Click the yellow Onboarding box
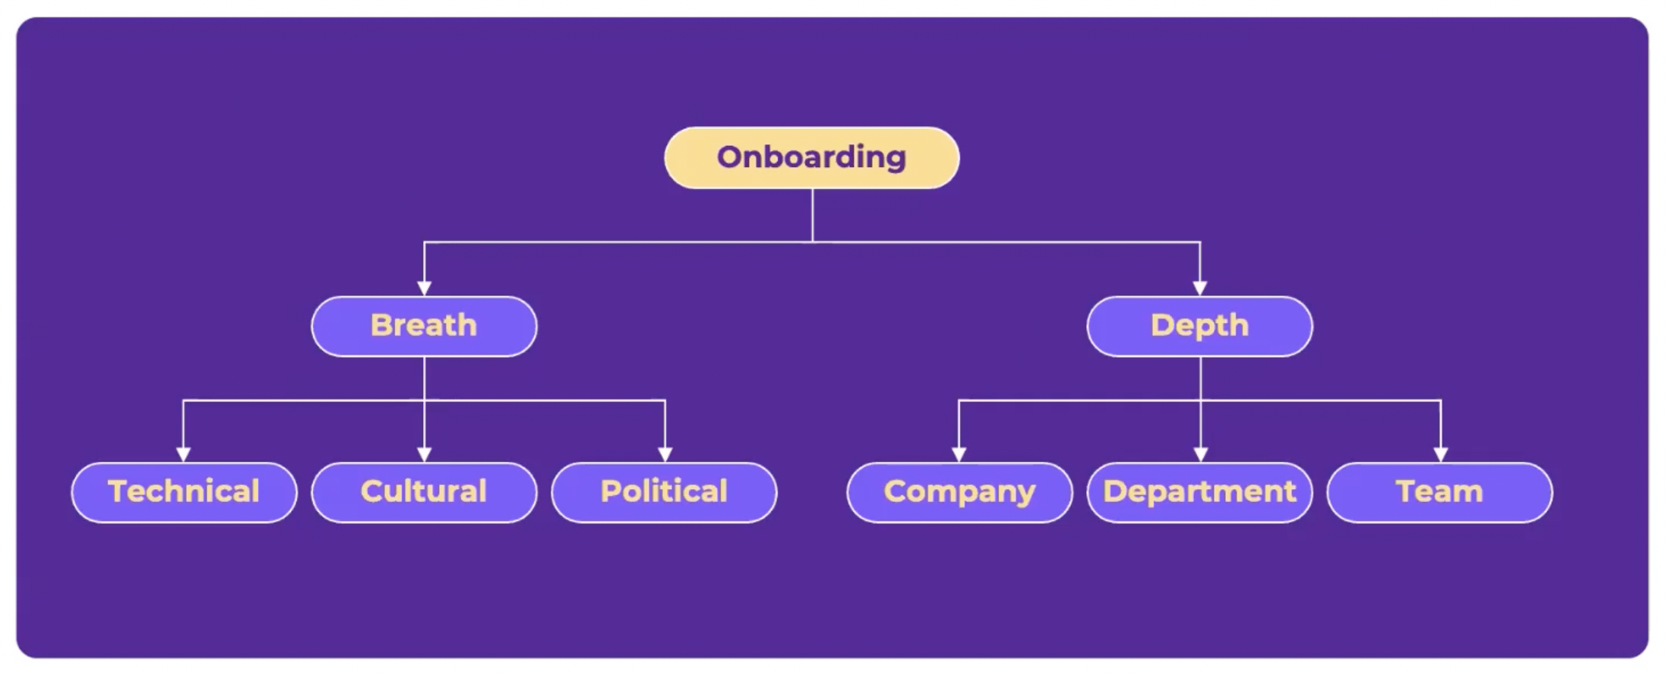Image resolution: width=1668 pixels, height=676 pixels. pyautogui.click(x=811, y=158)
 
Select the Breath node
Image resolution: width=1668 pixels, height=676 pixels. pyautogui.click(x=424, y=326)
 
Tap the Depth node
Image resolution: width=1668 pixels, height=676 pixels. pyautogui.click(x=1199, y=326)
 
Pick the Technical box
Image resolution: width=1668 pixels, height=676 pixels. pyautogui.click(x=184, y=492)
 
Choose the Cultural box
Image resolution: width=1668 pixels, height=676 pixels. pyautogui.click(x=424, y=492)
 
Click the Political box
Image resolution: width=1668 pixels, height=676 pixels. pyautogui.click(x=664, y=492)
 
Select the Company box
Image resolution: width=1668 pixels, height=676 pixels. pyautogui.click(x=959, y=492)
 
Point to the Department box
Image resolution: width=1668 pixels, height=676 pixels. pyautogui.click(x=1199, y=492)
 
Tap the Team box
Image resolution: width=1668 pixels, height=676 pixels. pyautogui.click(x=1439, y=492)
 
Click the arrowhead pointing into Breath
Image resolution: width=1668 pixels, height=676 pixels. pyautogui.click(x=425, y=288)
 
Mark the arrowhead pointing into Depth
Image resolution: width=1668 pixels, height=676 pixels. pyautogui.click(x=1200, y=288)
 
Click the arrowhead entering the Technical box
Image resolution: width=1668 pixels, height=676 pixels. pyautogui.click(x=183, y=454)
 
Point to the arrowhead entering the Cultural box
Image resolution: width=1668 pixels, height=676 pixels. pyautogui.click(x=425, y=454)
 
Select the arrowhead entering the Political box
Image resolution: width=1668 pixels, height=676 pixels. pyautogui.click(x=665, y=454)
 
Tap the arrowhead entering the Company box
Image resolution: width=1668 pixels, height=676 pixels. pyautogui.click(x=959, y=454)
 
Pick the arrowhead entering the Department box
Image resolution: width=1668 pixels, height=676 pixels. pyautogui.click(x=1201, y=454)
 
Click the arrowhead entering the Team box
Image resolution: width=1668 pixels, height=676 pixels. pyautogui.click(x=1441, y=454)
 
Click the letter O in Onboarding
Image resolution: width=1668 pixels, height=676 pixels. pyautogui.click(x=729, y=157)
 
